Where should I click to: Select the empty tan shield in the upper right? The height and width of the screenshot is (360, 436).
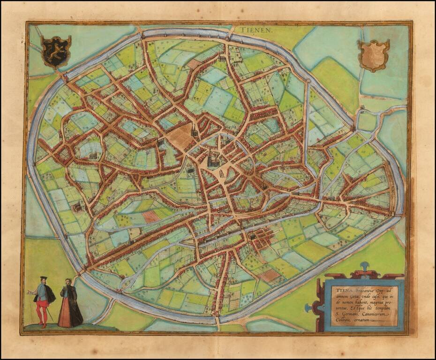click(x=374, y=55)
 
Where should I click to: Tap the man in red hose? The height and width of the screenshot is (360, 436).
click(x=43, y=300)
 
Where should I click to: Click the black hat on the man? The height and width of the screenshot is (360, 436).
click(x=43, y=278)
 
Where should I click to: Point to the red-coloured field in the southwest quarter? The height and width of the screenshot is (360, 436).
click(x=150, y=216)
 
